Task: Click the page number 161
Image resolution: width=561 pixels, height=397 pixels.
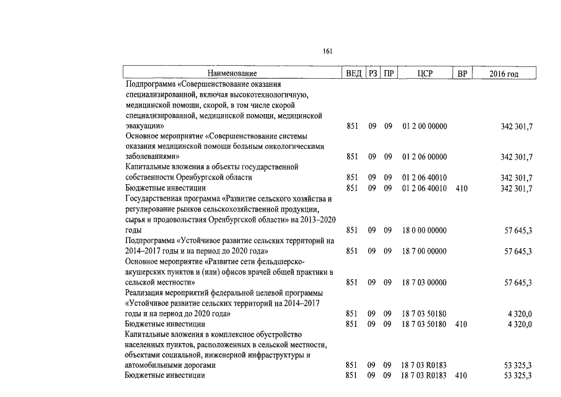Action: [328, 51]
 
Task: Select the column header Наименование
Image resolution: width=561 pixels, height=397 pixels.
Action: [232, 74]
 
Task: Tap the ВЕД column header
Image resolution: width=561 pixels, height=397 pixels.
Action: [353, 74]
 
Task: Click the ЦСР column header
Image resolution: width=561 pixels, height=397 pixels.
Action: [425, 74]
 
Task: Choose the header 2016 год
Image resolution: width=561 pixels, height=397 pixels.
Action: [503, 74]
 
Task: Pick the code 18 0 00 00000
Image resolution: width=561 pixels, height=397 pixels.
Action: [424, 231]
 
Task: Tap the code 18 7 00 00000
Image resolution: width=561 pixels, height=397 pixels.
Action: [424, 251]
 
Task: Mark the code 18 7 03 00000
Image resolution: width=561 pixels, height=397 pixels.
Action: [424, 283]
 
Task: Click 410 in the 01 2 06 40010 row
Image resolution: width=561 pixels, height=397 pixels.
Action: [461, 188]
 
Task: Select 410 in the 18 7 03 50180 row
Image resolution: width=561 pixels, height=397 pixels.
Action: [461, 324]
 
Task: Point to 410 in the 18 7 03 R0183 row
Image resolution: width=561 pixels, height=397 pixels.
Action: [461, 376]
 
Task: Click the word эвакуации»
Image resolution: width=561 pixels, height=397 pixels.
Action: [144, 126]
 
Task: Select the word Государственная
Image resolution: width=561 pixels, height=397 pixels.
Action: [153, 199]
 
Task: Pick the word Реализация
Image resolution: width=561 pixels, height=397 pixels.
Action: [144, 293]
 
